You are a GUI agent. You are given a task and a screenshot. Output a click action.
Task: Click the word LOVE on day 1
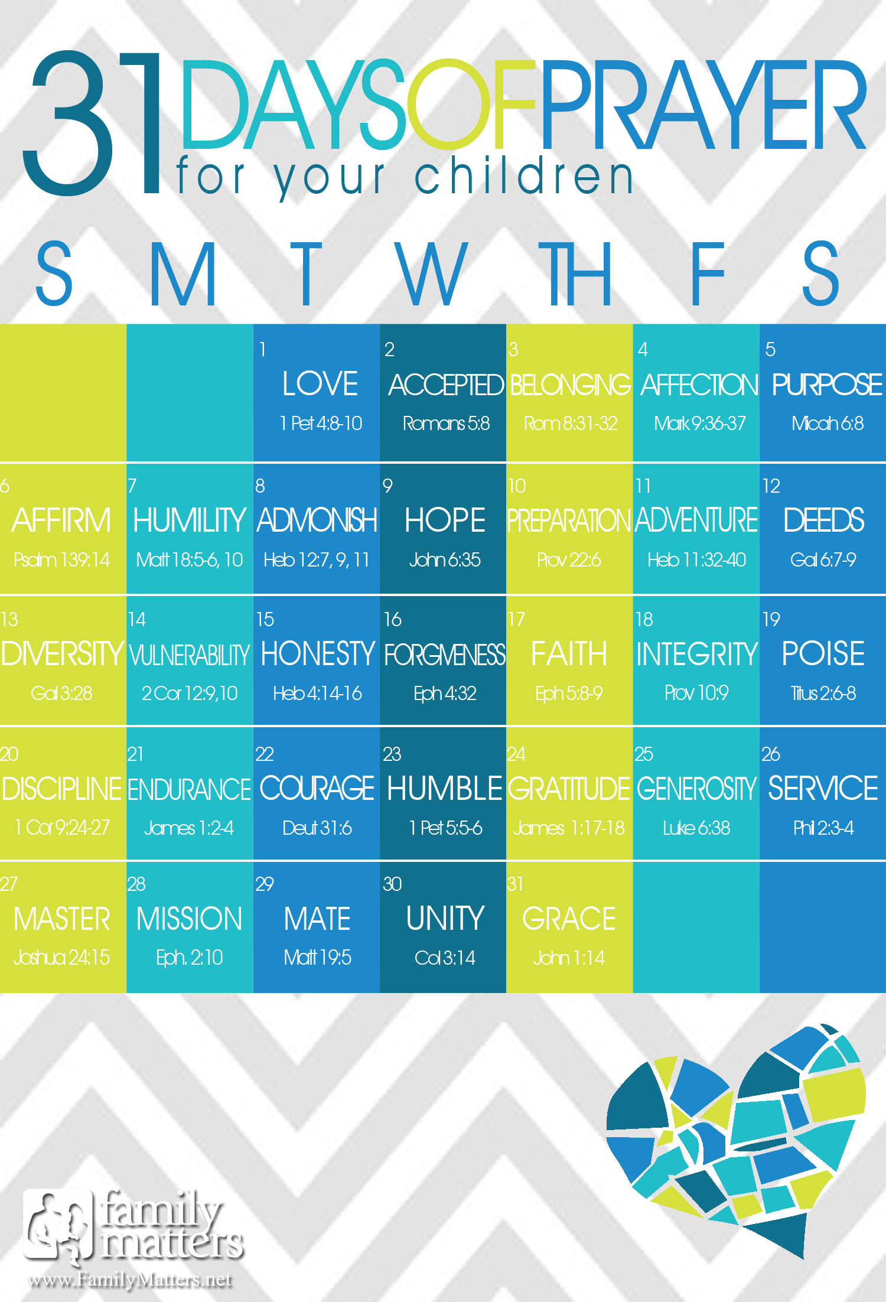tap(320, 384)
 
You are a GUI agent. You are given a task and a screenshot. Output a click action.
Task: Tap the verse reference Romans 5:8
tap(446, 424)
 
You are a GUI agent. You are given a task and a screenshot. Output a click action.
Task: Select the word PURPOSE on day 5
tap(827, 385)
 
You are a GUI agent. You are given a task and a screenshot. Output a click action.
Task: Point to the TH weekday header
tap(574, 274)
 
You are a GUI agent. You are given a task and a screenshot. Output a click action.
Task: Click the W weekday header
tap(432, 274)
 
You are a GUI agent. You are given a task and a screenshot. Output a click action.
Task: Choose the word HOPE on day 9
tap(445, 520)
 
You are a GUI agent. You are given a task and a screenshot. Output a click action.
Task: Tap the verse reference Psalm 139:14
tap(62, 560)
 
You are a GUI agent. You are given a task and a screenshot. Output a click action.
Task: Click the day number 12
tap(771, 486)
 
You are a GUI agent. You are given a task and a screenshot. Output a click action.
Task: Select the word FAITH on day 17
tap(569, 654)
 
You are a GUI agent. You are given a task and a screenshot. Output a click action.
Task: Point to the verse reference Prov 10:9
tap(696, 693)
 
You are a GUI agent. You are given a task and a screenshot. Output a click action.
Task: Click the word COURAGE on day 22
tap(317, 789)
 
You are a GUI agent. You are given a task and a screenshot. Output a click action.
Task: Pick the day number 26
tap(771, 754)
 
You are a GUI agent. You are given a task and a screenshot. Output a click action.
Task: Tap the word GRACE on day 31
tap(569, 919)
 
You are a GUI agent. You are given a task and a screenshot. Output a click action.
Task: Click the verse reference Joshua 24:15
tap(62, 958)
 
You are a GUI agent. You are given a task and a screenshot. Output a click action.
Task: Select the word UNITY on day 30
tap(445, 919)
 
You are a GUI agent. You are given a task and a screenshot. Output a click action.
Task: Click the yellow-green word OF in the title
tap(471, 104)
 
